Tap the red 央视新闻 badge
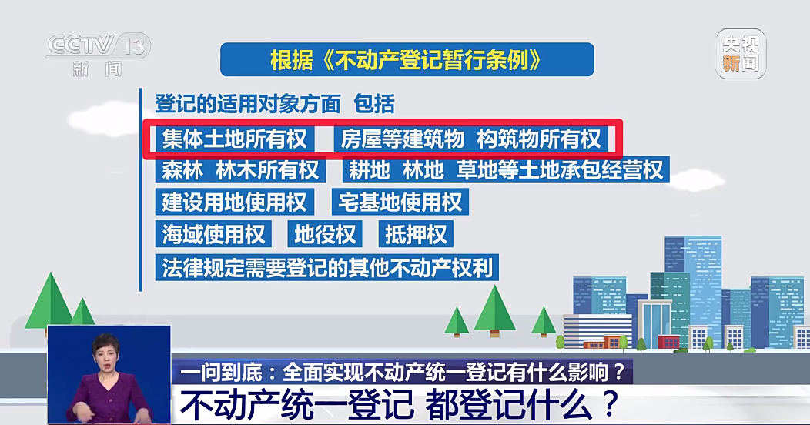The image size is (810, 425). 739,54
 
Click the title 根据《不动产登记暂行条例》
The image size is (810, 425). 407,60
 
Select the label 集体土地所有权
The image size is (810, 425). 234,139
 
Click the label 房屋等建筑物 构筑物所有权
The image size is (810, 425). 471,139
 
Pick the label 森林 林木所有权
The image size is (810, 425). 239,169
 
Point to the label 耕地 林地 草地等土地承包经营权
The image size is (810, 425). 505,169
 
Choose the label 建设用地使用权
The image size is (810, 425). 234,202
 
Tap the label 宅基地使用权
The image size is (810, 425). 400,202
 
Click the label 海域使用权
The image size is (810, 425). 213,233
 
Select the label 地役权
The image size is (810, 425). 324,233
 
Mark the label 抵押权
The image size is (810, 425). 415,233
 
